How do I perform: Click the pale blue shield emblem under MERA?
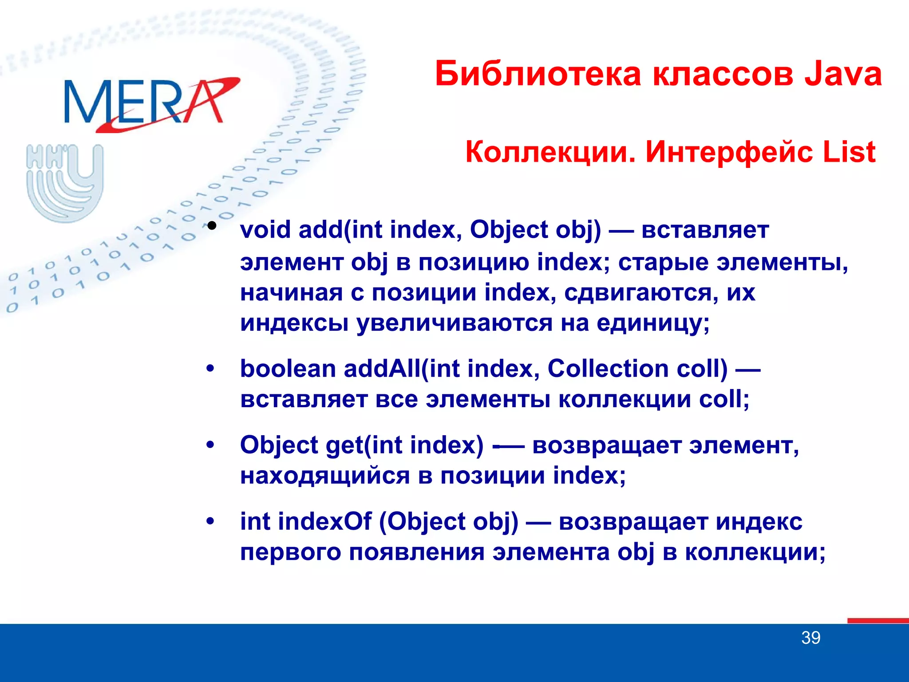pos(65,182)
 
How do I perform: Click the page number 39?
pos(810,638)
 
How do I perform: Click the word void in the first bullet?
pos(265,230)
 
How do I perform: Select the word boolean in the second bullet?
pos(288,369)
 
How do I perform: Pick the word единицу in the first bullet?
pos(652,323)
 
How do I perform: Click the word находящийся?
pos(325,476)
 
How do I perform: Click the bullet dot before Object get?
pos(210,445)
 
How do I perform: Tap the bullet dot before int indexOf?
pos(210,521)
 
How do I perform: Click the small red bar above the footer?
pos(877,620)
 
